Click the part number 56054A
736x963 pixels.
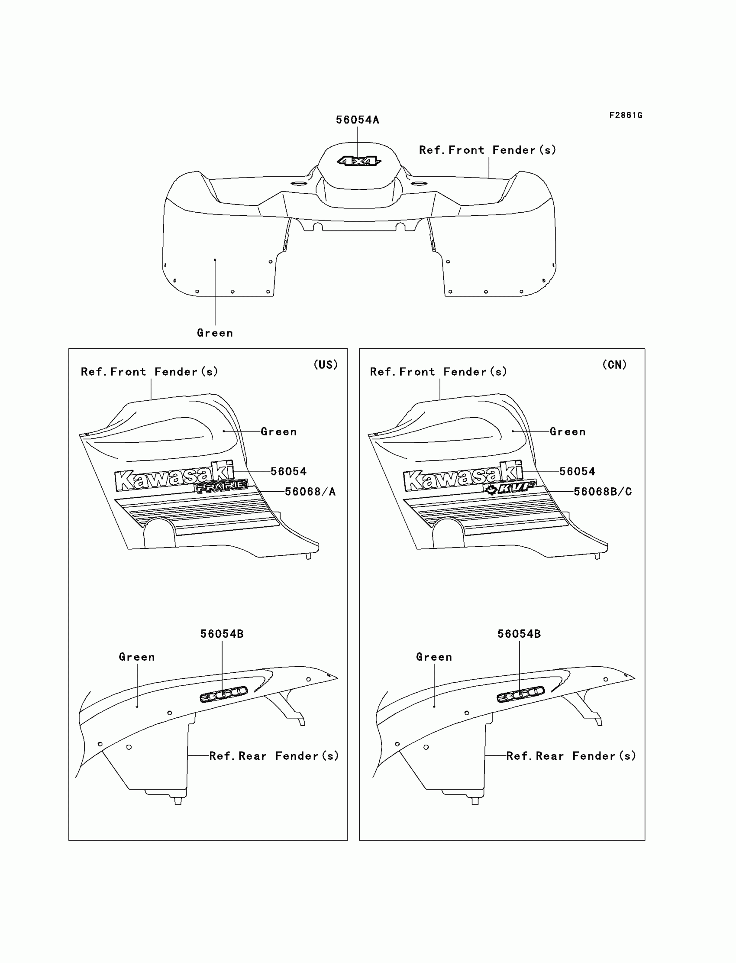(358, 120)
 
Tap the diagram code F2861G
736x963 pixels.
(626, 115)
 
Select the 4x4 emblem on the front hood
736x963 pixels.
(359, 161)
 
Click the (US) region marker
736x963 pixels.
(326, 365)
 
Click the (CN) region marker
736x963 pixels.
(614, 365)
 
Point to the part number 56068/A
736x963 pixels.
(310, 492)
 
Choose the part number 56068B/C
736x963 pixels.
(602, 492)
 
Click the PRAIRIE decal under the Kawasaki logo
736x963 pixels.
(221, 486)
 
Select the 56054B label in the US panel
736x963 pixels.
(222, 634)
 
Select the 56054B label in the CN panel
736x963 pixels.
(519, 634)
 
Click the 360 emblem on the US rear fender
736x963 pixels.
(223, 694)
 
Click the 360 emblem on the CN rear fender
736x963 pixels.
(520, 694)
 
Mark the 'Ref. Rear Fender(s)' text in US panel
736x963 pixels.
(274, 755)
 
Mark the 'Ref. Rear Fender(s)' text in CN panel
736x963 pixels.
(571, 755)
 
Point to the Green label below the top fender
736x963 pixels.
(215, 333)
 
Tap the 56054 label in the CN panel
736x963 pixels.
(577, 472)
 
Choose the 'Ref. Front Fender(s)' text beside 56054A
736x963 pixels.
(487, 150)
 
